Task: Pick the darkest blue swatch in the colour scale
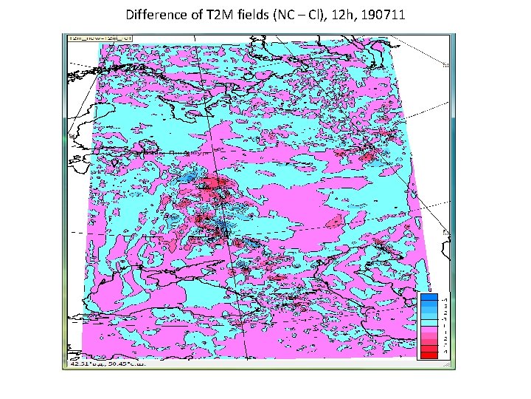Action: pos(427,297)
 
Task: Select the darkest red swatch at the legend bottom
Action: pos(427,356)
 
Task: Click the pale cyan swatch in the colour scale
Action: pos(427,323)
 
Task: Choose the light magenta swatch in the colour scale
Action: pos(427,330)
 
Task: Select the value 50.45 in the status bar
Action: pos(121,364)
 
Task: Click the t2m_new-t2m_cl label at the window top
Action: pos(90,37)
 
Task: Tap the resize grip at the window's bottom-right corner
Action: pos(450,364)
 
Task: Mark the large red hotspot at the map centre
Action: pos(214,185)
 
